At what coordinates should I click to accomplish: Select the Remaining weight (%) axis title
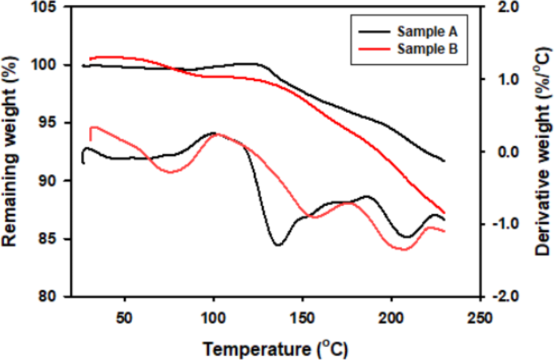(11, 152)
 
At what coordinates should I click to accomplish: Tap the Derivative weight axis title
(543, 152)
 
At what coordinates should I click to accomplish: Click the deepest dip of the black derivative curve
(277, 245)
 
